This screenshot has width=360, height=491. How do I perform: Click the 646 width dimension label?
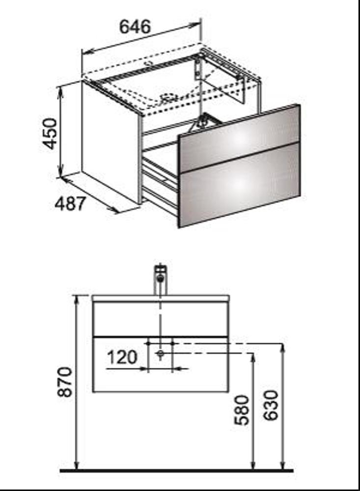coord(135,27)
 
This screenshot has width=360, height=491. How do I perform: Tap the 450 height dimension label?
coord(50,134)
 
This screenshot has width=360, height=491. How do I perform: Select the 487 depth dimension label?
coord(70,204)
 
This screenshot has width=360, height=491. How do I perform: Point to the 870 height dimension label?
coord(65,382)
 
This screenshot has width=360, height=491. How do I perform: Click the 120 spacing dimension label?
coord(122,357)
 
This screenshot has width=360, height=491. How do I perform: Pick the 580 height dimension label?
coord(242,410)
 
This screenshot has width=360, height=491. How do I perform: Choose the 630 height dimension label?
coord(271,405)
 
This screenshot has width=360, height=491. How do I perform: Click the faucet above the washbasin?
coord(161,280)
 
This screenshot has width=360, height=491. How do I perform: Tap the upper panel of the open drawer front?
coord(240,139)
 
